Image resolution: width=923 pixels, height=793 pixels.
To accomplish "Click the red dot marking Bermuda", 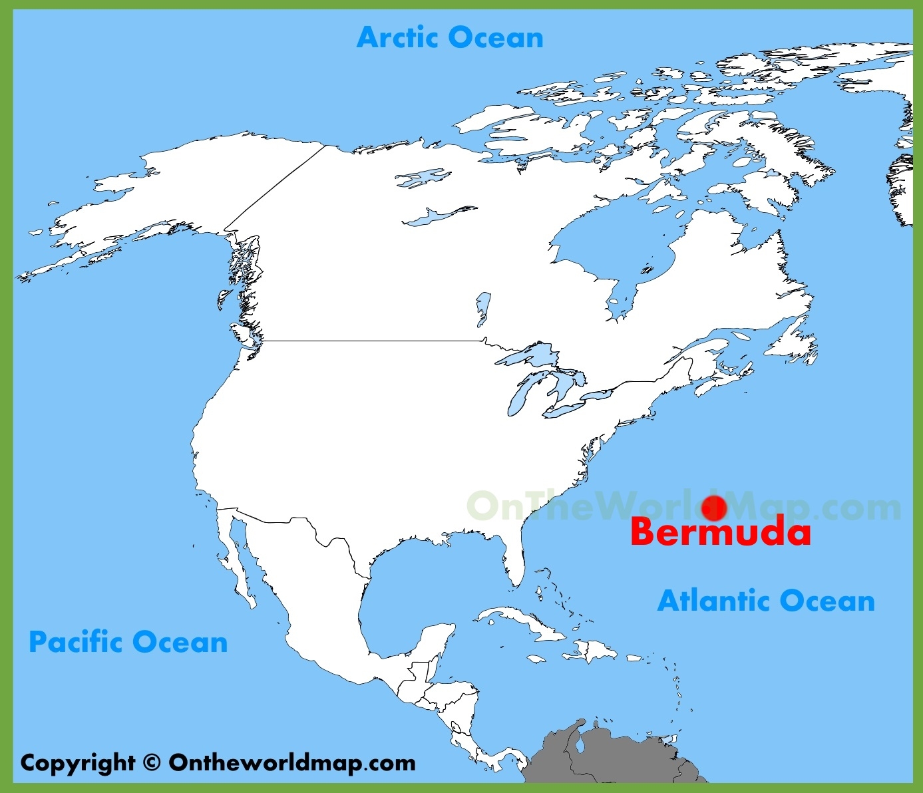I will click(713, 508).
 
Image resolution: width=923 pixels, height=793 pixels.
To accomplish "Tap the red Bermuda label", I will click(721, 532).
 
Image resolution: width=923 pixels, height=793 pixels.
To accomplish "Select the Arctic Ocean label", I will click(450, 37).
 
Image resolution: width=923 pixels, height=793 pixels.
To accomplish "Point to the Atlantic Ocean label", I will click(766, 601).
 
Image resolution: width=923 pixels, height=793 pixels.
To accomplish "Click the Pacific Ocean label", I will click(128, 642).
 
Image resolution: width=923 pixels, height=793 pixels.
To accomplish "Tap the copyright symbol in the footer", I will click(152, 762).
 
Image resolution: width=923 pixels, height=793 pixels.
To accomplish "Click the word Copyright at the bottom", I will click(78, 763).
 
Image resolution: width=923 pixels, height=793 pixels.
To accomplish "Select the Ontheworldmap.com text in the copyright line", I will click(292, 762).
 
